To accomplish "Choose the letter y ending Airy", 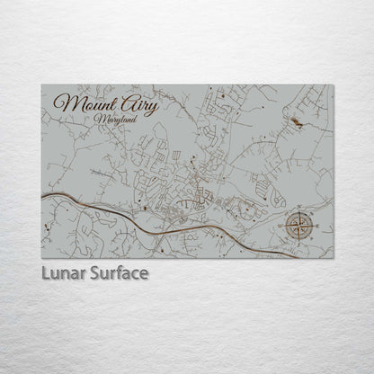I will pos(154,108).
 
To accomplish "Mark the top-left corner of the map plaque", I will pos(41,85).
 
